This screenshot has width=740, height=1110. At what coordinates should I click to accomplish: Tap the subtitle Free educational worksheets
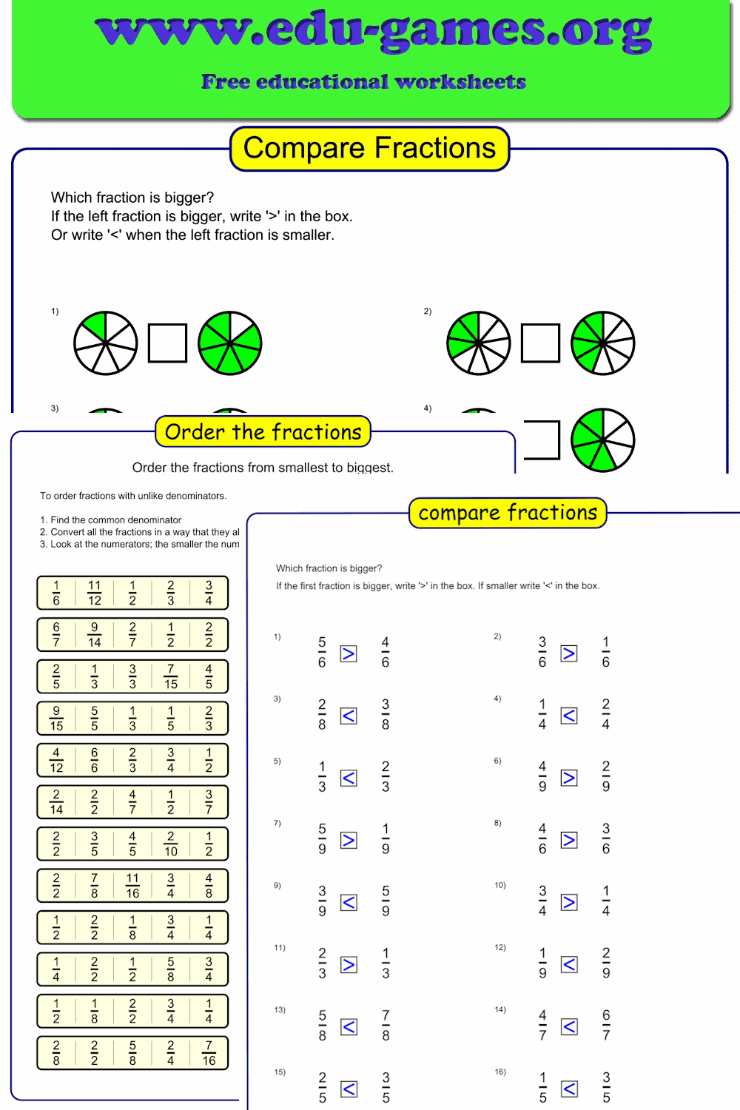pos(363,81)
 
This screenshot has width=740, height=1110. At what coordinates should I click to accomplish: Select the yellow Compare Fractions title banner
pos(369,148)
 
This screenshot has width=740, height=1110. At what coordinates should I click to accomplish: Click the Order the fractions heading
pos(263,431)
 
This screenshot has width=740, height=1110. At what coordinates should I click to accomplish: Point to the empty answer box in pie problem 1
pos(167,343)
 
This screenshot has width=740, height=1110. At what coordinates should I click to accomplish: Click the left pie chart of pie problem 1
pos(106,343)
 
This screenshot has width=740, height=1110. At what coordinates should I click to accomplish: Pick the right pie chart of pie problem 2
pos(603,343)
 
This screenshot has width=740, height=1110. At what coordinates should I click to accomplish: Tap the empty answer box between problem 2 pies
pos(540,343)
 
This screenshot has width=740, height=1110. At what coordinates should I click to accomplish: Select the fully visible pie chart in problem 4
pos(603,440)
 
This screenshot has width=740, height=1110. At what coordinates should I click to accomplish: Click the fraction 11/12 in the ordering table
pos(94,593)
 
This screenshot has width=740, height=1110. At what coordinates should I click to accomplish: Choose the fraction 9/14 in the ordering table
pos(94,635)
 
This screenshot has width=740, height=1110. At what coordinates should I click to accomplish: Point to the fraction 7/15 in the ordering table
pos(170,676)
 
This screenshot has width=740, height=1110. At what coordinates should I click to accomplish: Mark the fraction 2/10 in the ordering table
pos(170,844)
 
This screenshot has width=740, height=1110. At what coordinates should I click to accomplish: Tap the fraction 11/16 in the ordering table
pos(132,886)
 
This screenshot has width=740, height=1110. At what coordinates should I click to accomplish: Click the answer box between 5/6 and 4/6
pos(349,653)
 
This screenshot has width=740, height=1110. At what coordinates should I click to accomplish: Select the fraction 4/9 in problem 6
pos(542,776)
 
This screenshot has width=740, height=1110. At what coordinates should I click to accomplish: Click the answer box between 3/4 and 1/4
pos(569,902)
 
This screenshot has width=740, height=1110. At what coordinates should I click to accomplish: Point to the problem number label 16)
pos(500,1072)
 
